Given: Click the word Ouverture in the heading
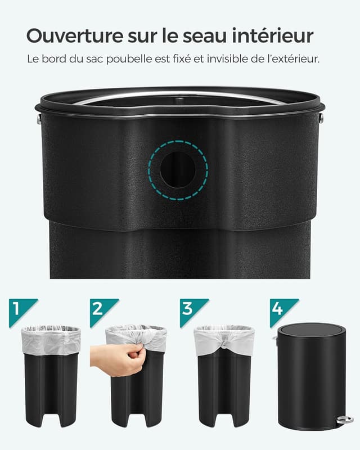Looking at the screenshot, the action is (x=75, y=36).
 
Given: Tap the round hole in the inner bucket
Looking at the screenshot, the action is (x=178, y=170).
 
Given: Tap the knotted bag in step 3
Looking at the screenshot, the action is (x=224, y=341).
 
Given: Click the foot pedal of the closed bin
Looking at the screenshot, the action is (x=345, y=420).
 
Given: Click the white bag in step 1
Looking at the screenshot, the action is (x=51, y=340).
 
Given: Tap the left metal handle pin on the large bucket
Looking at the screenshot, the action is (x=39, y=119).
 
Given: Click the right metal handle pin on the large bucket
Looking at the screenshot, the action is (x=321, y=118).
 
